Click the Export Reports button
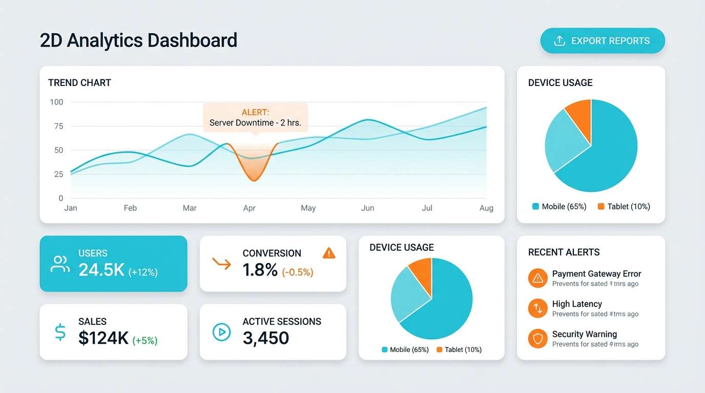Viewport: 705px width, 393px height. tap(603, 41)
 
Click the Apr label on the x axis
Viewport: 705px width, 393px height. tap(249, 208)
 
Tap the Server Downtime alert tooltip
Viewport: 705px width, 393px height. tap(255, 118)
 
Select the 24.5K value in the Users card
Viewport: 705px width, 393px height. tap(101, 270)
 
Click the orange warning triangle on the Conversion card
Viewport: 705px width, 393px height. tap(329, 253)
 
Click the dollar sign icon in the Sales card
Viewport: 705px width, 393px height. tap(60, 332)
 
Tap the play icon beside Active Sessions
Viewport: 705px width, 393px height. tap(221, 332)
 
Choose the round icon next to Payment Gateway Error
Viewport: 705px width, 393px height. tap(537, 278)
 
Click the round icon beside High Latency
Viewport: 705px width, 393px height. tap(537, 308)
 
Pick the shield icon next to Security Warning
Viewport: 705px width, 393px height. tap(537, 338)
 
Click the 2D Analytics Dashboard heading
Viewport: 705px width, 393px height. tap(138, 40)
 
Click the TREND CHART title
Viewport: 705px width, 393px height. tap(79, 83)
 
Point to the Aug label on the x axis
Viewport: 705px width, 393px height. tap(486, 208)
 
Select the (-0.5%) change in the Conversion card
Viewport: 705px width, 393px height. tap(297, 272)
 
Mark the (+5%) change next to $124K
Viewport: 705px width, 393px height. tap(145, 340)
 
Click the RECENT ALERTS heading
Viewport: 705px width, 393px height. tap(564, 252)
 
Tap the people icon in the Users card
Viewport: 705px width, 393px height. tap(60, 264)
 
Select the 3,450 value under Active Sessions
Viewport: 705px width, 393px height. tap(265, 338)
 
